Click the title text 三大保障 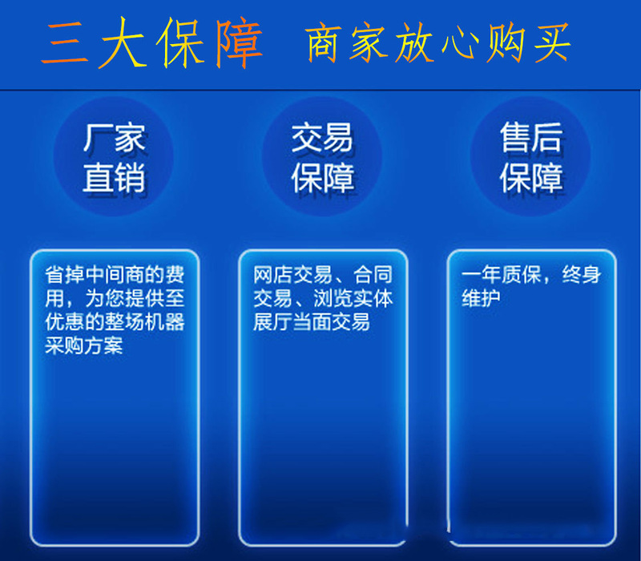151,42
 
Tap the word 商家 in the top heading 346,42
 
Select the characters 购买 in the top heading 528,42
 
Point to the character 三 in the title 65,43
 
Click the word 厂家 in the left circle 114,138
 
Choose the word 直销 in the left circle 114,177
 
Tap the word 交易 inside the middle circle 322,138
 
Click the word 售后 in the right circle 531,138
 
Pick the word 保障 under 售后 531,177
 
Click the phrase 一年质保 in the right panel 502,274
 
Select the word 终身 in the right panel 582,274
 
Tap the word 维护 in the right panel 481,298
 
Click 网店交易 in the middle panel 292,274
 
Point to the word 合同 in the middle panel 373,274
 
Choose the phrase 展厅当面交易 312,322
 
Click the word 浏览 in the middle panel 333,298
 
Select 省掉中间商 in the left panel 95,274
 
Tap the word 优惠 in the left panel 64,322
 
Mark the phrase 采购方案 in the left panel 84,345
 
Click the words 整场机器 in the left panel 144,322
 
